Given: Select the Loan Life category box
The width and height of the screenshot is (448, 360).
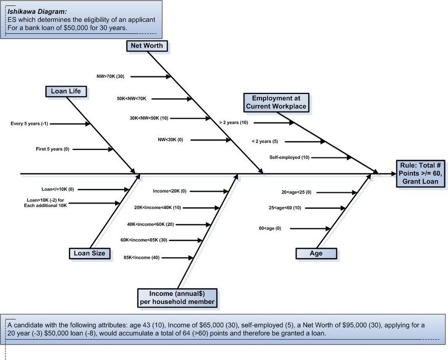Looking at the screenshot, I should [66, 91].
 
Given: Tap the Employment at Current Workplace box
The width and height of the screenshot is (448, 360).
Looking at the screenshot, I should [276, 102].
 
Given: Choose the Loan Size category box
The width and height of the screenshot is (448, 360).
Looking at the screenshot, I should [89, 253].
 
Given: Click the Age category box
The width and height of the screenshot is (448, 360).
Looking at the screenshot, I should [316, 254].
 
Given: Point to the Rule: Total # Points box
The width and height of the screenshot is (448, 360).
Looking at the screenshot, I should [420, 174].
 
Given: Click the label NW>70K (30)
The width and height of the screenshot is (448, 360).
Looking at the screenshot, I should [111, 77].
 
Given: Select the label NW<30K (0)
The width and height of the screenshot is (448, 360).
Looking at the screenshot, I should [171, 140].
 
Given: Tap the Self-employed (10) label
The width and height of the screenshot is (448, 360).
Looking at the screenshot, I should [289, 157].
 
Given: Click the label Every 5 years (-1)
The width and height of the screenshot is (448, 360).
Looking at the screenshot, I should [29, 124].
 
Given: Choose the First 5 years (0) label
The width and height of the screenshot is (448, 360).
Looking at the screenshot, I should [52, 149].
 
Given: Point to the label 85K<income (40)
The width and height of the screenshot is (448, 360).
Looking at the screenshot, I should [141, 258].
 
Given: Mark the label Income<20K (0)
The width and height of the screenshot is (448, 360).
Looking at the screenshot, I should [169, 191].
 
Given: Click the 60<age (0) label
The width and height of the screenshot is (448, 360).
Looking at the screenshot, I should [270, 228].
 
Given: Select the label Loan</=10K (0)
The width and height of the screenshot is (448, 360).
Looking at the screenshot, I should [58, 189].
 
